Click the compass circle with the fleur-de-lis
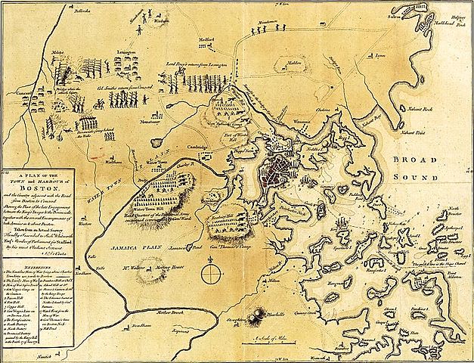(x=213, y=270)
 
